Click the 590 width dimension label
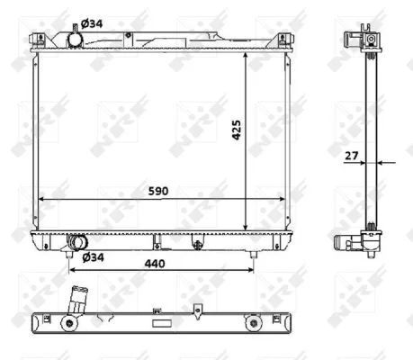point(158,191)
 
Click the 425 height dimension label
point(237,130)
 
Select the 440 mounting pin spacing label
point(155,264)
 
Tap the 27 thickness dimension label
point(352,156)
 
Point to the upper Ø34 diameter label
point(92,23)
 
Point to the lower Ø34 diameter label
point(94,257)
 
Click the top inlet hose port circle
point(75,40)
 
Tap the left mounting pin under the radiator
point(69,255)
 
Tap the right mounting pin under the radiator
point(254,255)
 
